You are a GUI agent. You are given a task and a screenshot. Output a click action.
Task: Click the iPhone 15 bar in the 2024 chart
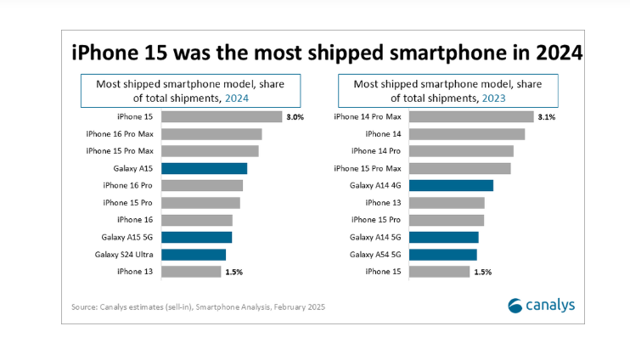click(221, 117)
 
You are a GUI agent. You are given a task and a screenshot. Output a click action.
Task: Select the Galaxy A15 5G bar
click(196, 237)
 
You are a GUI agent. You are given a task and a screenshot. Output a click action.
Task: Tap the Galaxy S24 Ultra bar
click(193, 254)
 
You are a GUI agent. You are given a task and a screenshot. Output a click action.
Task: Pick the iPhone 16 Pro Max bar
click(211, 134)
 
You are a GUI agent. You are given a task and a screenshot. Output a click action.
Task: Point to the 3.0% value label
click(295, 117)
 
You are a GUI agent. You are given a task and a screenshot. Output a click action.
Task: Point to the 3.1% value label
click(546, 117)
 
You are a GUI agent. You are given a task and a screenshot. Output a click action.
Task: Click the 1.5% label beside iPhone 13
click(233, 272)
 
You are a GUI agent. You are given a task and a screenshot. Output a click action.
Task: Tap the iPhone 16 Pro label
click(127, 185)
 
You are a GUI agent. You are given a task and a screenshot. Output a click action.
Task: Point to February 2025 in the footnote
click(297, 307)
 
